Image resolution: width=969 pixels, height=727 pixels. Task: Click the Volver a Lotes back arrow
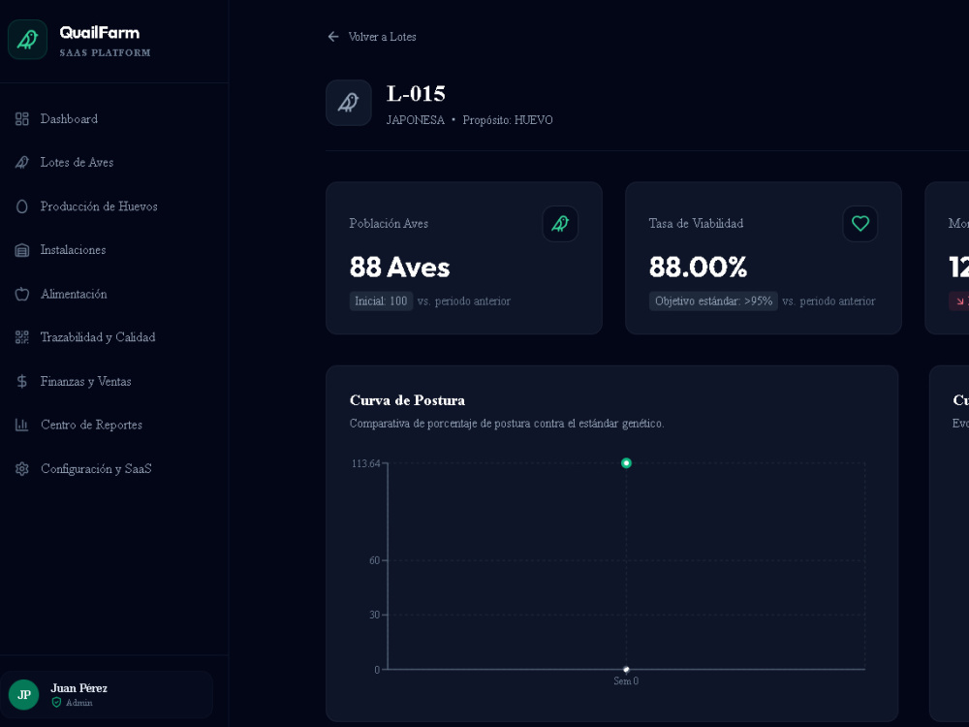[x=333, y=37]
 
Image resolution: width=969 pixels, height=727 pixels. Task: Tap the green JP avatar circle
[x=24, y=695]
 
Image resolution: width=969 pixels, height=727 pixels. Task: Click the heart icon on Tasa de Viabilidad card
[x=860, y=223]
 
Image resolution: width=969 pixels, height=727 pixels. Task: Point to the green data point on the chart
[x=626, y=463]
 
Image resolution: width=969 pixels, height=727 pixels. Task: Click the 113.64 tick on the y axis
[x=366, y=463]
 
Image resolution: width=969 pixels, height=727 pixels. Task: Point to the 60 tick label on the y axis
[x=374, y=560]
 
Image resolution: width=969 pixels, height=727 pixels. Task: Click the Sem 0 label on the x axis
[x=626, y=681]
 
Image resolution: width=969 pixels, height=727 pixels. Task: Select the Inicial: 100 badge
[x=381, y=301]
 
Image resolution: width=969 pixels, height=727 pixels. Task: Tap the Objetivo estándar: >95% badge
[x=713, y=301]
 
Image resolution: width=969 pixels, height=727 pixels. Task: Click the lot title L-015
[x=416, y=94]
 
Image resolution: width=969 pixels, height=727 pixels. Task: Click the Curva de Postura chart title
[x=407, y=400]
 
